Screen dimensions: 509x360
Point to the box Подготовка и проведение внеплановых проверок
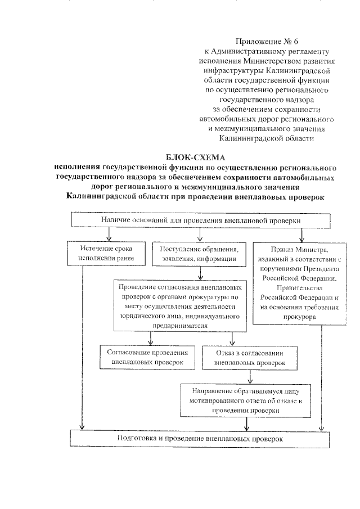point(198,438)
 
